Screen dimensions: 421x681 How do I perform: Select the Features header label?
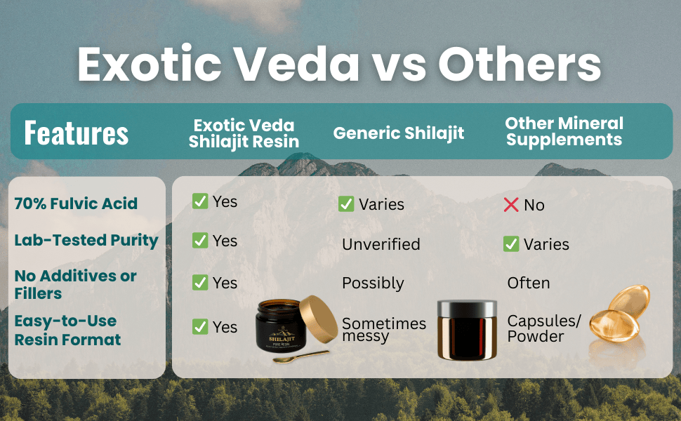[76, 132]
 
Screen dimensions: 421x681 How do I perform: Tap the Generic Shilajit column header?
[398, 133]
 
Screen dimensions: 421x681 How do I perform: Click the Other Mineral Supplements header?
[564, 131]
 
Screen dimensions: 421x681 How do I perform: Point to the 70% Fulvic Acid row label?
[76, 204]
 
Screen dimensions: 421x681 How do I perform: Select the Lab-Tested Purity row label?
[86, 240]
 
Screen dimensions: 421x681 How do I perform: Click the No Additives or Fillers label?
[75, 284]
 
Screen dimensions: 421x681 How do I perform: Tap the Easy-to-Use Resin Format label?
[67, 330]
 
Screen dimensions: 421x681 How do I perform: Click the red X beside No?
[511, 205]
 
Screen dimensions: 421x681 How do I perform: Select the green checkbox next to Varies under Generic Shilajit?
[346, 204]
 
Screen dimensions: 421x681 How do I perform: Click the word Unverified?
[381, 244]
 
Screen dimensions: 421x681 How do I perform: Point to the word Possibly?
[373, 283]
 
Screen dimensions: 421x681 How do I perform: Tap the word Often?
[529, 283]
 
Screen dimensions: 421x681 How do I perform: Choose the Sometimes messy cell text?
[384, 330]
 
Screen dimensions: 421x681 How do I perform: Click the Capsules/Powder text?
[544, 328]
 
